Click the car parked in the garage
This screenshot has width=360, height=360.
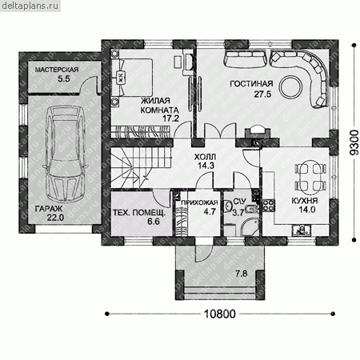click(x=66, y=154)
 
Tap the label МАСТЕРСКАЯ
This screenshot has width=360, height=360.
click(x=57, y=70)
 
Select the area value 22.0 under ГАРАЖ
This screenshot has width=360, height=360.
click(x=56, y=218)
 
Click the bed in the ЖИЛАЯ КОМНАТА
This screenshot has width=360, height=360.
click(x=132, y=78)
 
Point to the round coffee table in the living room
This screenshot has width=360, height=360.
click(x=290, y=86)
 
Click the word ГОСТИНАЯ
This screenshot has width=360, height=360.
click(x=251, y=84)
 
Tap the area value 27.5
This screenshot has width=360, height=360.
click(x=262, y=94)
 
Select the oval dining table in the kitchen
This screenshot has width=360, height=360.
click(x=310, y=177)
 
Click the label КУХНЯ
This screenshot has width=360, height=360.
click(x=305, y=201)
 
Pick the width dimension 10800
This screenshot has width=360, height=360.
click(x=220, y=314)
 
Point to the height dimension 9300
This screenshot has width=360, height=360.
click(x=354, y=142)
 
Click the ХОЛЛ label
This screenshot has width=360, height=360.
click(x=205, y=156)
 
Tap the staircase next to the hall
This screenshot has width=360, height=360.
click(x=142, y=168)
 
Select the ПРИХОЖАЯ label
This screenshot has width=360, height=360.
click(x=199, y=202)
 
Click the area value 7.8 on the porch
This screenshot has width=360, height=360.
click(x=242, y=274)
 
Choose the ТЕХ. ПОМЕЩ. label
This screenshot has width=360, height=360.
click(x=139, y=213)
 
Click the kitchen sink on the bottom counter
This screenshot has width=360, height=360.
click(x=302, y=230)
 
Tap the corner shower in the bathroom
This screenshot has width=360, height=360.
click(x=250, y=227)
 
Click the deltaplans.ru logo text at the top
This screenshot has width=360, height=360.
click(x=30, y=6)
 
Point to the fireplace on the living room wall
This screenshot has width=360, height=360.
click(x=258, y=133)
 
